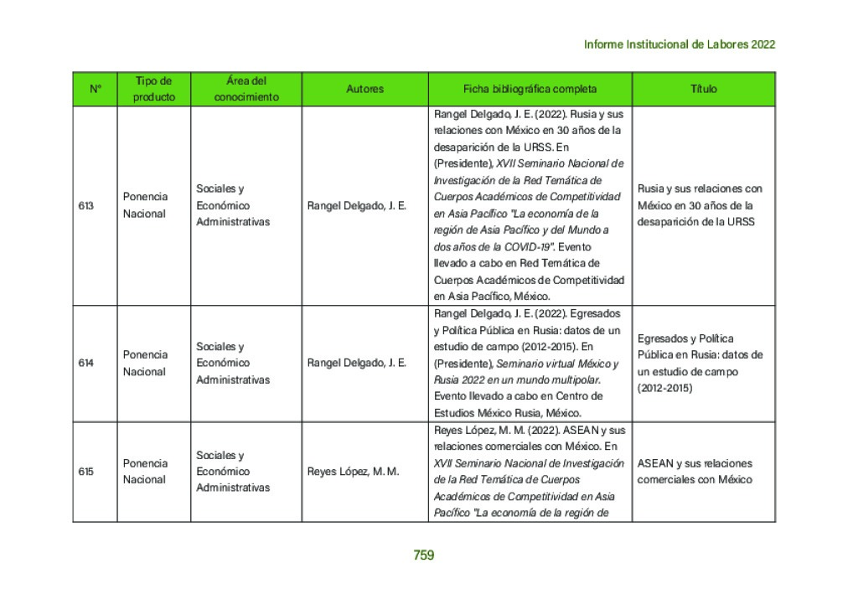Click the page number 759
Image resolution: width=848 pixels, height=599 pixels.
(x=423, y=555)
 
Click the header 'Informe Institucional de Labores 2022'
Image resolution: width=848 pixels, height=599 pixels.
(x=679, y=44)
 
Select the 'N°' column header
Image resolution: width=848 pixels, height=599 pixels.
(x=95, y=89)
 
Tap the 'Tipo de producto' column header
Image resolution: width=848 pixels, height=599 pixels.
(x=154, y=89)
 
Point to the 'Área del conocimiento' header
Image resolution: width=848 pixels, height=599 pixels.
(x=246, y=89)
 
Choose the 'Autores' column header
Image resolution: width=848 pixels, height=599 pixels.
(x=365, y=89)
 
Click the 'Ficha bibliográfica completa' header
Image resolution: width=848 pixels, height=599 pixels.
(x=530, y=89)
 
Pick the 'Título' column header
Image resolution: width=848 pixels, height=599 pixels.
(x=703, y=89)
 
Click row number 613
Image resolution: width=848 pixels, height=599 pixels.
(x=85, y=205)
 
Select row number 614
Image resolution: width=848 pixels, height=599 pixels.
(x=85, y=364)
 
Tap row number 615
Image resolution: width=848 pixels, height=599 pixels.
(x=85, y=472)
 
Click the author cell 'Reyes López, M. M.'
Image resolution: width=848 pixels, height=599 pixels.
(x=353, y=472)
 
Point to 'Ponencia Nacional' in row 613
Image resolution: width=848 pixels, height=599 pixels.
(x=145, y=205)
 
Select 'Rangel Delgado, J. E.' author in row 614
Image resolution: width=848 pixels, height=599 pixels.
(x=357, y=364)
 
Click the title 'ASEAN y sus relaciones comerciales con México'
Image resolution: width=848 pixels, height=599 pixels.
(x=695, y=472)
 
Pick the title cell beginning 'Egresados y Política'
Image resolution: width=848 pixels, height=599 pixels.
(x=700, y=364)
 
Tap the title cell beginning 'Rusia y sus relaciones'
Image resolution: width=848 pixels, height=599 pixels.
(x=700, y=205)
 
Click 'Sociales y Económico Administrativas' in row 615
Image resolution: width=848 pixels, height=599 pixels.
(x=233, y=472)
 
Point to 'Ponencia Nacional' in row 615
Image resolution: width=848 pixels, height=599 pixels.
(x=145, y=472)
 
